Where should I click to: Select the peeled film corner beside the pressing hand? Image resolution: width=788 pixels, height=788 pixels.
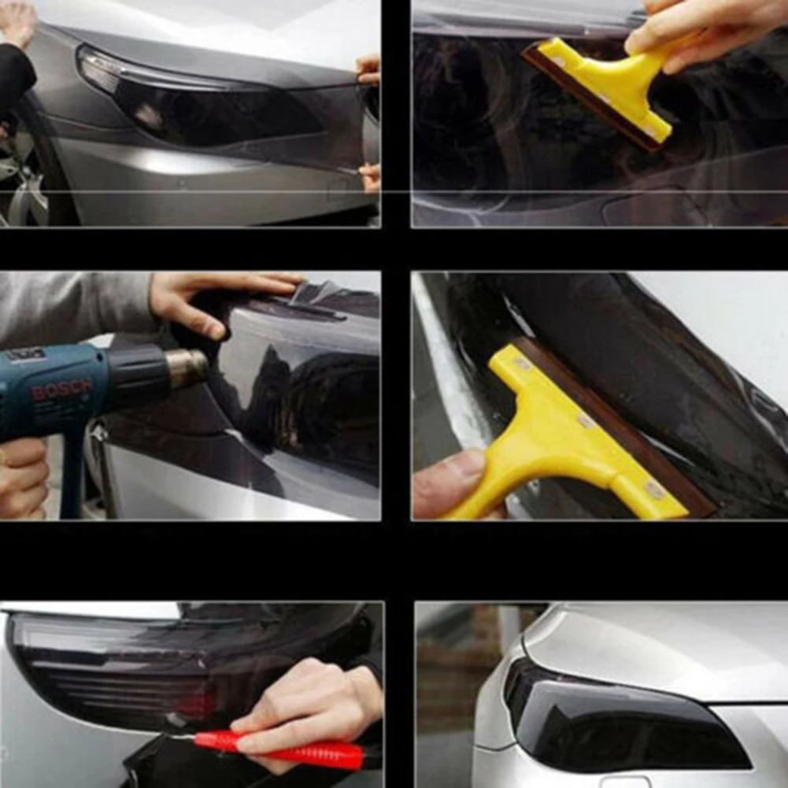(x=315, y=293)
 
